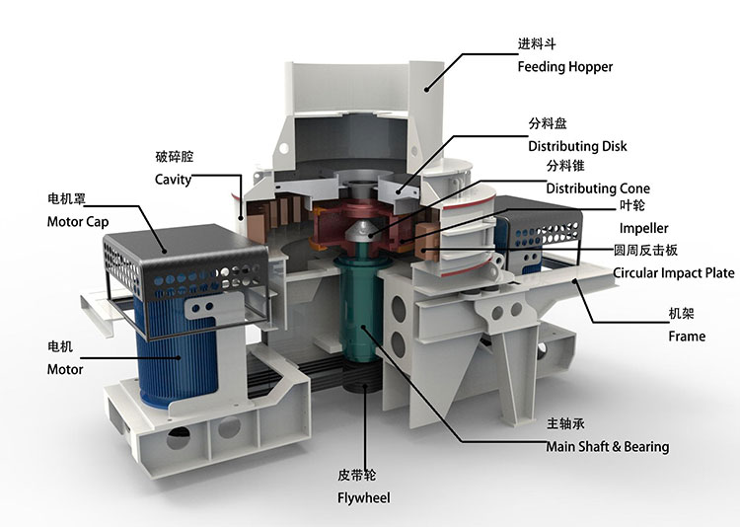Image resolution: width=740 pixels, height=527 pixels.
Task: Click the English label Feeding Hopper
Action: pyautogui.click(x=565, y=66)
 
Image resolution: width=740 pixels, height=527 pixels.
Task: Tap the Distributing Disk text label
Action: pyautogui.click(x=577, y=146)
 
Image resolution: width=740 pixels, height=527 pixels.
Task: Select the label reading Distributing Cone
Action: pyautogui.click(x=598, y=188)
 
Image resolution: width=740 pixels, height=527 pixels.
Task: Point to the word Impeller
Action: pyautogui.click(x=643, y=228)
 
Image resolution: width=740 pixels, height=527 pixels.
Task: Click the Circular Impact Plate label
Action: pyautogui.click(x=674, y=273)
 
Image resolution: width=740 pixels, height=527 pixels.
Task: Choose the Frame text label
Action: pyautogui.click(x=687, y=337)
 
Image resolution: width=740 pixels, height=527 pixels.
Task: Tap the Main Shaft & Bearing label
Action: pyautogui.click(x=608, y=446)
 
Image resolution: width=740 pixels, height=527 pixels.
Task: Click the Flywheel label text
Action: pyautogui.click(x=364, y=497)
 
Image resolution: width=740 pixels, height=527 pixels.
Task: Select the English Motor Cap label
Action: pyautogui.click(x=78, y=221)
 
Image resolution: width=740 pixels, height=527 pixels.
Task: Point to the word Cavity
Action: pyautogui.click(x=174, y=180)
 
